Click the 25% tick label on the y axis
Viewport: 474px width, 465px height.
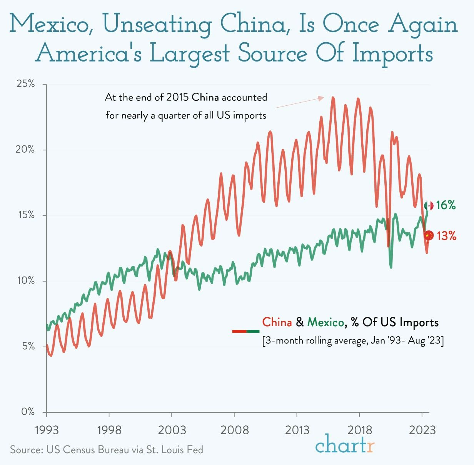click(x=26, y=84)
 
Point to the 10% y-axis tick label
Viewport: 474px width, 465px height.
click(x=26, y=280)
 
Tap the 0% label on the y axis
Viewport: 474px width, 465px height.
click(x=28, y=412)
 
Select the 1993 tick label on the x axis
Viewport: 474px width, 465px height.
click(x=47, y=430)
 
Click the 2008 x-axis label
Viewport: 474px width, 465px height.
click(x=234, y=430)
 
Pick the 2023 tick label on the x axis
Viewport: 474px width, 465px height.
click(x=422, y=430)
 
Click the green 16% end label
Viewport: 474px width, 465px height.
click(x=446, y=205)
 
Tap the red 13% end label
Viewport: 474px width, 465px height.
click(x=446, y=235)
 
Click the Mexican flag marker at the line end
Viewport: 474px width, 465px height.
click(x=429, y=206)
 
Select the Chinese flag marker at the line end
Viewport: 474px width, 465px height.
click(x=429, y=235)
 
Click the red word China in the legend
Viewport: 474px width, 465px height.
click(x=277, y=322)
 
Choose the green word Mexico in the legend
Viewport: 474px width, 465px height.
click(x=326, y=322)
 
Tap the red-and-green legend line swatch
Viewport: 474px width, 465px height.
click(x=245, y=331)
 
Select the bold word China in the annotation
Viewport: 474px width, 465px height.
click(x=205, y=97)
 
